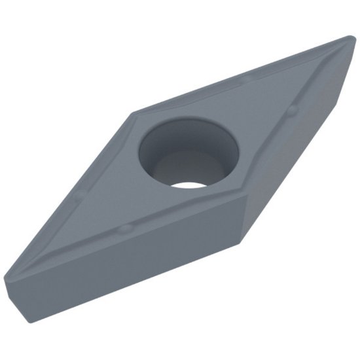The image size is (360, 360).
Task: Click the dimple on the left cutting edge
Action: [77, 194]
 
